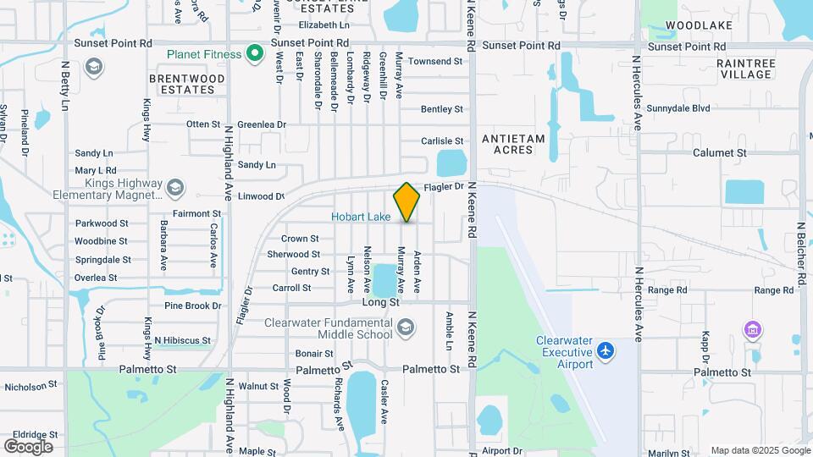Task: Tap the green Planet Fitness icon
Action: coord(255,55)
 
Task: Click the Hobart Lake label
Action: coord(361,217)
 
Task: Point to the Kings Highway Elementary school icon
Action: coord(175,187)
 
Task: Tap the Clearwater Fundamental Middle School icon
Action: coord(406,328)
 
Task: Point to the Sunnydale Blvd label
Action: coord(677,108)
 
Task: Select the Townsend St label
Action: coord(435,62)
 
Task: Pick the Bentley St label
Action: coord(442,109)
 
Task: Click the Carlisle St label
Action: coord(443,141)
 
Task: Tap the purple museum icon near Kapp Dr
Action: coord(750,328)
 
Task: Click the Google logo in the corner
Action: coord(28,447)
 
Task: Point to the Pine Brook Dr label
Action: coord(192,306)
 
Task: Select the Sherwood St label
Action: coord(293,255)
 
